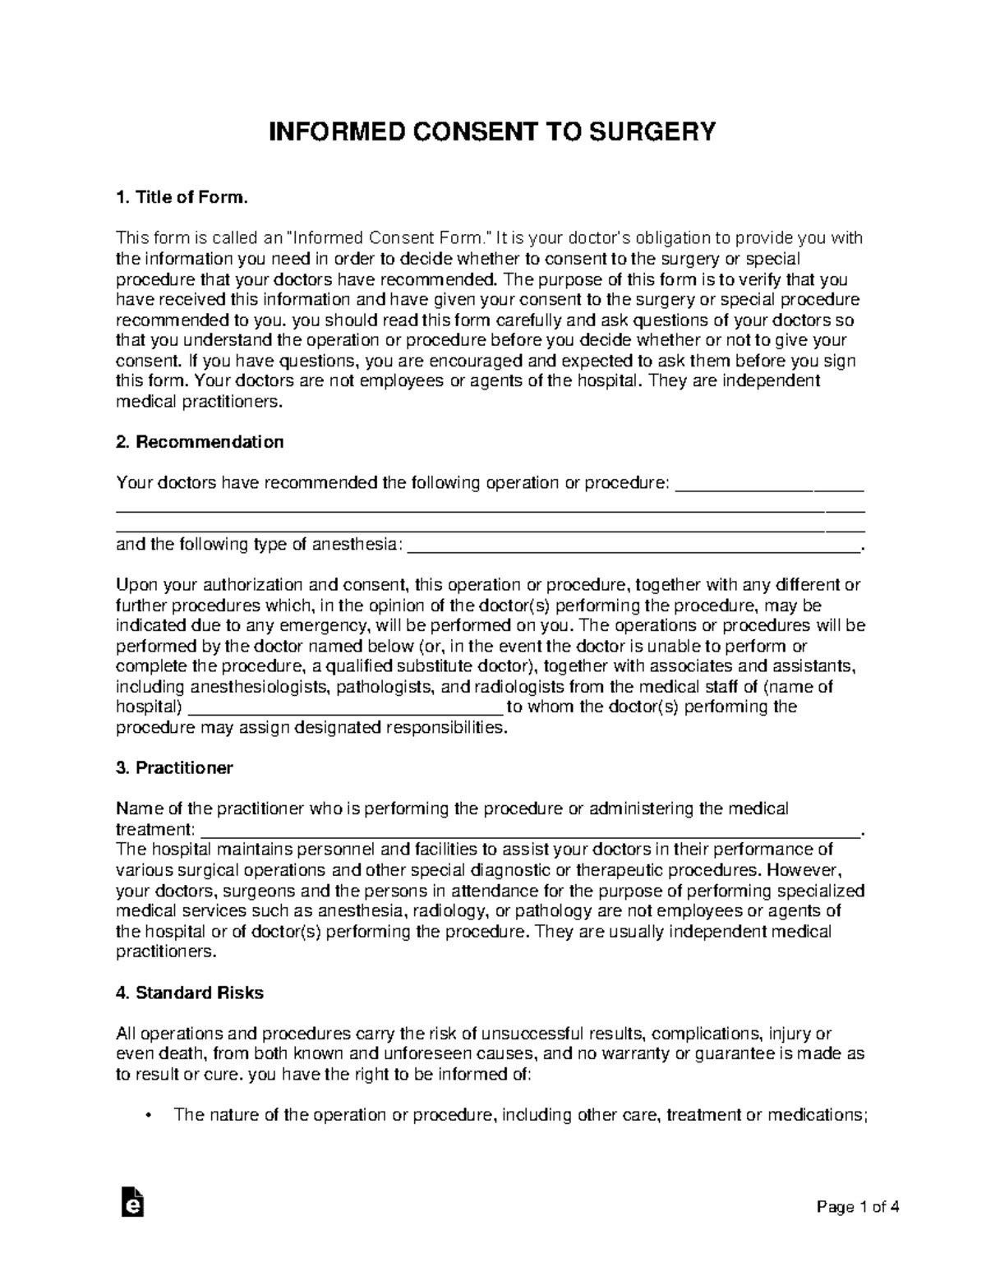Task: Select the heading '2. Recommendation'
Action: pos(200,442)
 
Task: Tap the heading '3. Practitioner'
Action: pos(174,768)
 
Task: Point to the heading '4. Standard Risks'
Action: pos(190,993)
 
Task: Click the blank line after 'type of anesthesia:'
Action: pos(633,545)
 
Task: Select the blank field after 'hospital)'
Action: pos(345,708)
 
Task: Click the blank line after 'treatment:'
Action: pos(530,830)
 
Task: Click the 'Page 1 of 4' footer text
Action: pos(859,1207)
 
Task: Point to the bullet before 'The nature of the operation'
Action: pos(148,1116)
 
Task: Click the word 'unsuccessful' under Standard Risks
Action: pos(530,1034)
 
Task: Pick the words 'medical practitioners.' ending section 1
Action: pos(200,402)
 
